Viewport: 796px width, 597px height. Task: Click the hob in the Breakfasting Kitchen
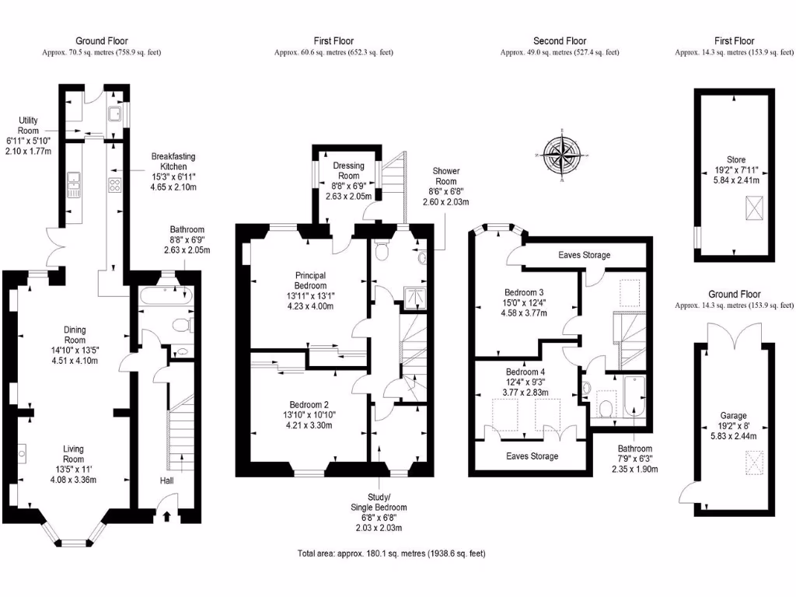(x=115, y=185)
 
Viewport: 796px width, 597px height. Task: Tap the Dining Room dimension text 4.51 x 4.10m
(x=74, y=359)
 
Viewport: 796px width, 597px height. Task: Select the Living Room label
(x=74, y=454)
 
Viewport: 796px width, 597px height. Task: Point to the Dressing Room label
(x=343, y=170)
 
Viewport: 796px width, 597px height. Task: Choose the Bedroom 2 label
(x=309, y=405)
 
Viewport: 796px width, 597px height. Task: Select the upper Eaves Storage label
(x=584, y=255)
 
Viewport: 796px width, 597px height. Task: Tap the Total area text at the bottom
(x=392, y=554)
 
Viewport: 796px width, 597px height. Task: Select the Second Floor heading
(x=560, y=41)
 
